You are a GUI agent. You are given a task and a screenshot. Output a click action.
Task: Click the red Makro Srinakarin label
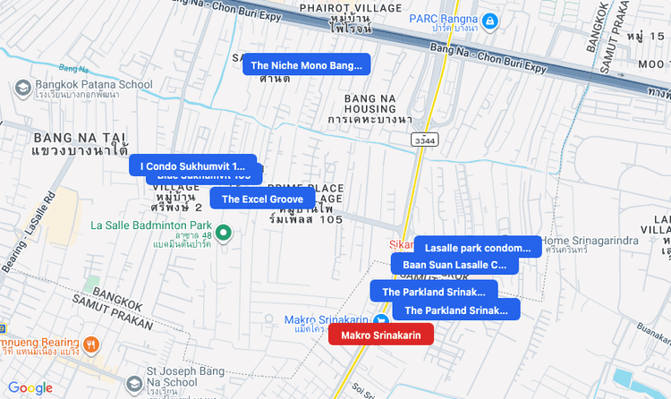(381, 335)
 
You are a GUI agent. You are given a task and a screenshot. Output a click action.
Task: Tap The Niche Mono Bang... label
(306, 65)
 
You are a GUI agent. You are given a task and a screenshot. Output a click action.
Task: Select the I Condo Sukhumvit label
(191, 166)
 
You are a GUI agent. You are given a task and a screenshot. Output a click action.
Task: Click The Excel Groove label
(263, 199)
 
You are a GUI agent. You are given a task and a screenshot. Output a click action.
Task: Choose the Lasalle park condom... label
(478, 247)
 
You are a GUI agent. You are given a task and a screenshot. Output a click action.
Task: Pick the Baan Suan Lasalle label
(454, 265)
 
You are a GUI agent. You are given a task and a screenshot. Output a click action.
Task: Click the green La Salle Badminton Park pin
(225, 233)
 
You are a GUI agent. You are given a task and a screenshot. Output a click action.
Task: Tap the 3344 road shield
(425, 140)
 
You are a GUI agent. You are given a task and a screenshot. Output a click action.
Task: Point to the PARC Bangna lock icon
(489, 21)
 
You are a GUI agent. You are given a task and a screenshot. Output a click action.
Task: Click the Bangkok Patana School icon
(23, 86)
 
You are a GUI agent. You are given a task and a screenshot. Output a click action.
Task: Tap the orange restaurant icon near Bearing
(90, 344)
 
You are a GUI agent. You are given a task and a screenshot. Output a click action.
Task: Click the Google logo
(30, 387)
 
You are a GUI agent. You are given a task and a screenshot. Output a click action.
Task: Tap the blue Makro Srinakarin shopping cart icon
(382, 319)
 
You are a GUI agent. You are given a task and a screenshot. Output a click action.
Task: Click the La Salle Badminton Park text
(151, 225)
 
